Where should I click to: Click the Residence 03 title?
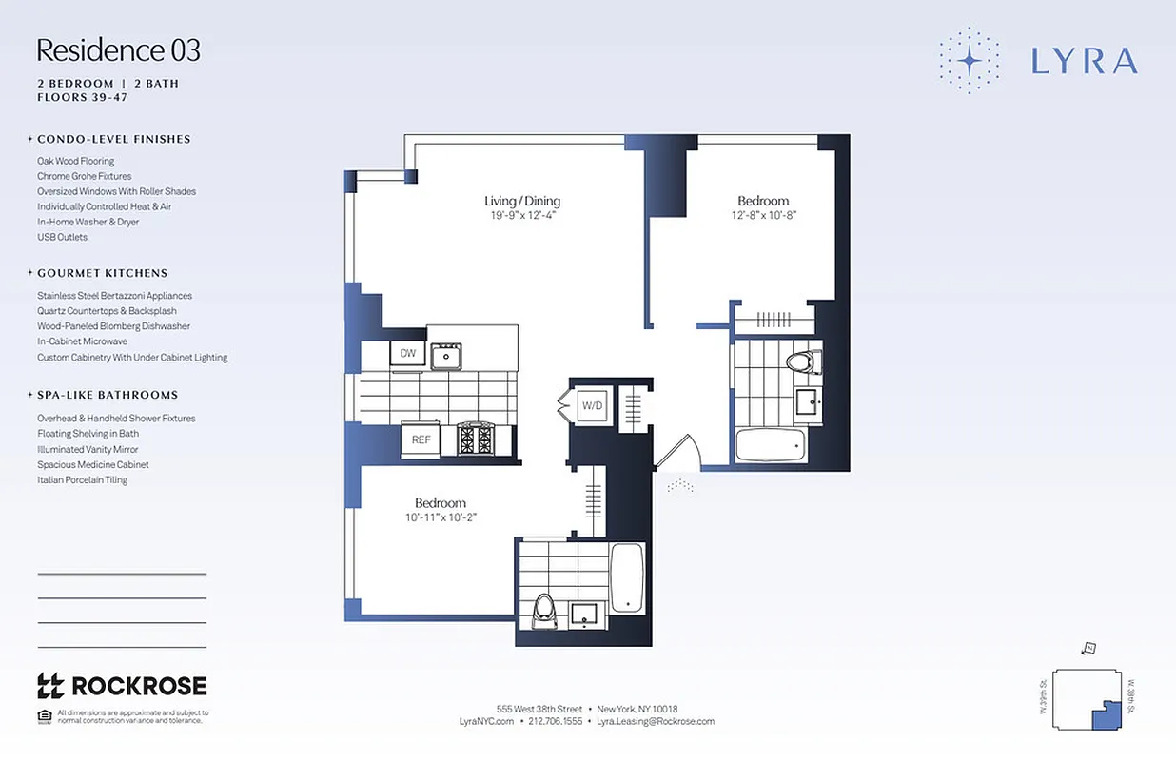[x=119, y=49]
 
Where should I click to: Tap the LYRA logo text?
[x=1084, y=61]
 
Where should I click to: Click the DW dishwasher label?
[x=407, y=354]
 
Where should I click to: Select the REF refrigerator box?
[x=421, y=439]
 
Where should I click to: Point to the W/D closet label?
[x=593, y=406]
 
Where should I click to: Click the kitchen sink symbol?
[x=446, y=356]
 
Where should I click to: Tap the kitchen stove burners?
[x=476, y=439]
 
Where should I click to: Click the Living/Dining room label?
[x=522, y=201]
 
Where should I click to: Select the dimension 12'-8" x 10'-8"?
[x=763, y=216]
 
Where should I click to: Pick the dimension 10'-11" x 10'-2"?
[x=440, y=517]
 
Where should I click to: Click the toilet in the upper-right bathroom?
[x=801, y=361]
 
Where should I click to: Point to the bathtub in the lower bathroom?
[x=627, y=576]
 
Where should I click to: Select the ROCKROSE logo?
[x=122, y=685]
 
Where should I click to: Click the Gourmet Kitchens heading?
[x=102, y=273]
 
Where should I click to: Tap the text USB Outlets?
[x=62, y=237]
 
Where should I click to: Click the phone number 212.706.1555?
[x=556, y=722]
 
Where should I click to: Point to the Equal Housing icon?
[x=44, y=716]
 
